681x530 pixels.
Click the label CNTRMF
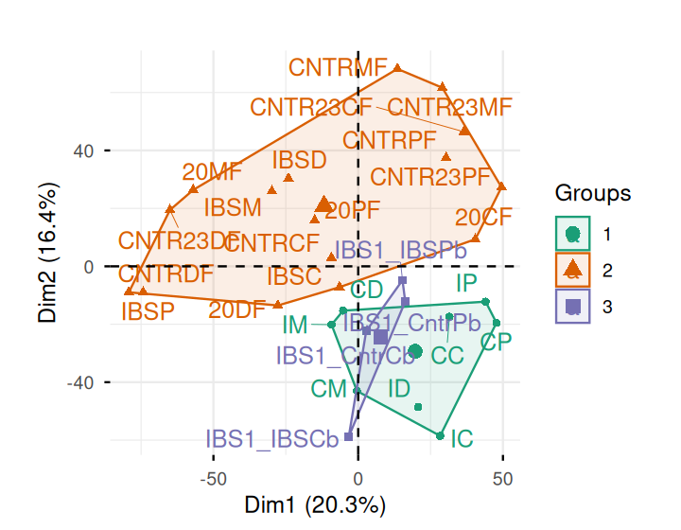[339, 68]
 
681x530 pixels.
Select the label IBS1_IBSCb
[272, 439]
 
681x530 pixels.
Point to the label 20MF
[213, 172]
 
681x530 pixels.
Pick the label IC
[462, 439]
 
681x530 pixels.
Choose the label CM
[329, 388]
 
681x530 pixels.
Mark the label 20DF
[237, 309]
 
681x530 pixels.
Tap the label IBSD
[299, 159]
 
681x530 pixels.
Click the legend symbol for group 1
[572, 234]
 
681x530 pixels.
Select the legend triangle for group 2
[572, 270]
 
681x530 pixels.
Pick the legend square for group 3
[572, 306]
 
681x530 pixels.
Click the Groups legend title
[593, 195]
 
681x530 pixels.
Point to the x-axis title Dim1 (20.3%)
[315, 505]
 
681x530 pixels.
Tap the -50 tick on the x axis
[213, 477]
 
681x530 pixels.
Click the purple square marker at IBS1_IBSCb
[349, 436]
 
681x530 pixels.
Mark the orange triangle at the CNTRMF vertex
[397, 68]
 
